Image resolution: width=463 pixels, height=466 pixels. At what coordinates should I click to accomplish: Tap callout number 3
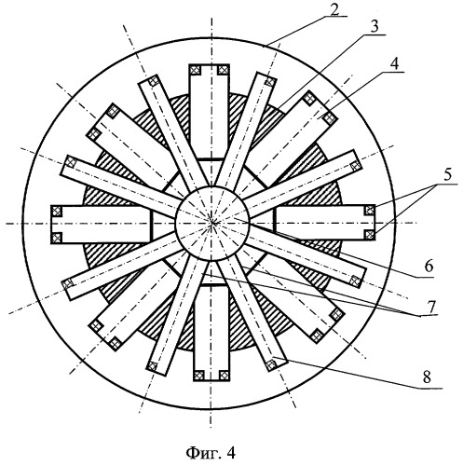[x=375, y=27]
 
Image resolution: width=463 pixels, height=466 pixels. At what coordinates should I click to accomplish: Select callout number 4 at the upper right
[x=394, y=64]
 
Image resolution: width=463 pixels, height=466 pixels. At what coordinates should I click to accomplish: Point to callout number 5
[x=446, y=175]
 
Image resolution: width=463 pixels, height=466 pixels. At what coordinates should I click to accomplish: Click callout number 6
[x=429, y=267]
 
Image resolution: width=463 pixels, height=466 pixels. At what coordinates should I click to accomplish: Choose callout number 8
[x=427, y=377]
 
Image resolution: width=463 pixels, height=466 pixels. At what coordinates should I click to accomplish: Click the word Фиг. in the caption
[x=198, y=453]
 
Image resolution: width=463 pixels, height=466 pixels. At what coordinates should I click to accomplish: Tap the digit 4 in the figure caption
[x=231, y=453]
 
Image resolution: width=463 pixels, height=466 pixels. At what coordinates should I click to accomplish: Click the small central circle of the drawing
[x=212, y=224]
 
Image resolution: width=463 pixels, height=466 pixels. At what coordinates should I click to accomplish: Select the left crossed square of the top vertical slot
[x=196, y=70]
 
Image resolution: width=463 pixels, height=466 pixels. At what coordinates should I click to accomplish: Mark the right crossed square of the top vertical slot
[x=223, y=70]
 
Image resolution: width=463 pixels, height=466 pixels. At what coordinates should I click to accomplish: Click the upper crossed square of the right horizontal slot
[x=369, y=211]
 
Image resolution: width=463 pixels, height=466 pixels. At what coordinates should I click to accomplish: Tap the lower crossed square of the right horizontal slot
[x=369, y=234]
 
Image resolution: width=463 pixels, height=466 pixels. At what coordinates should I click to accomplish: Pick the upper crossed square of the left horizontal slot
[x=56, y=212]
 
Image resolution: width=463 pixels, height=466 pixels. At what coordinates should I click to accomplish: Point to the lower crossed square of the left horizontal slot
[x=56, y=238]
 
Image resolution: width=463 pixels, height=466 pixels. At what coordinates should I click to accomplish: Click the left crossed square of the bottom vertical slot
[x=198, y=376]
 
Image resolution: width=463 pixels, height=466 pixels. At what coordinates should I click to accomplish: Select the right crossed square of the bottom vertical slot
[x=224, y=376]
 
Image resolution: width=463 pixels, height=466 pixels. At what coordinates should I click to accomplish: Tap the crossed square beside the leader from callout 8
[x=271, y=364]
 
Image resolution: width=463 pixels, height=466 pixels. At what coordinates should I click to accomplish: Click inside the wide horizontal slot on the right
[x=324, y=223]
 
